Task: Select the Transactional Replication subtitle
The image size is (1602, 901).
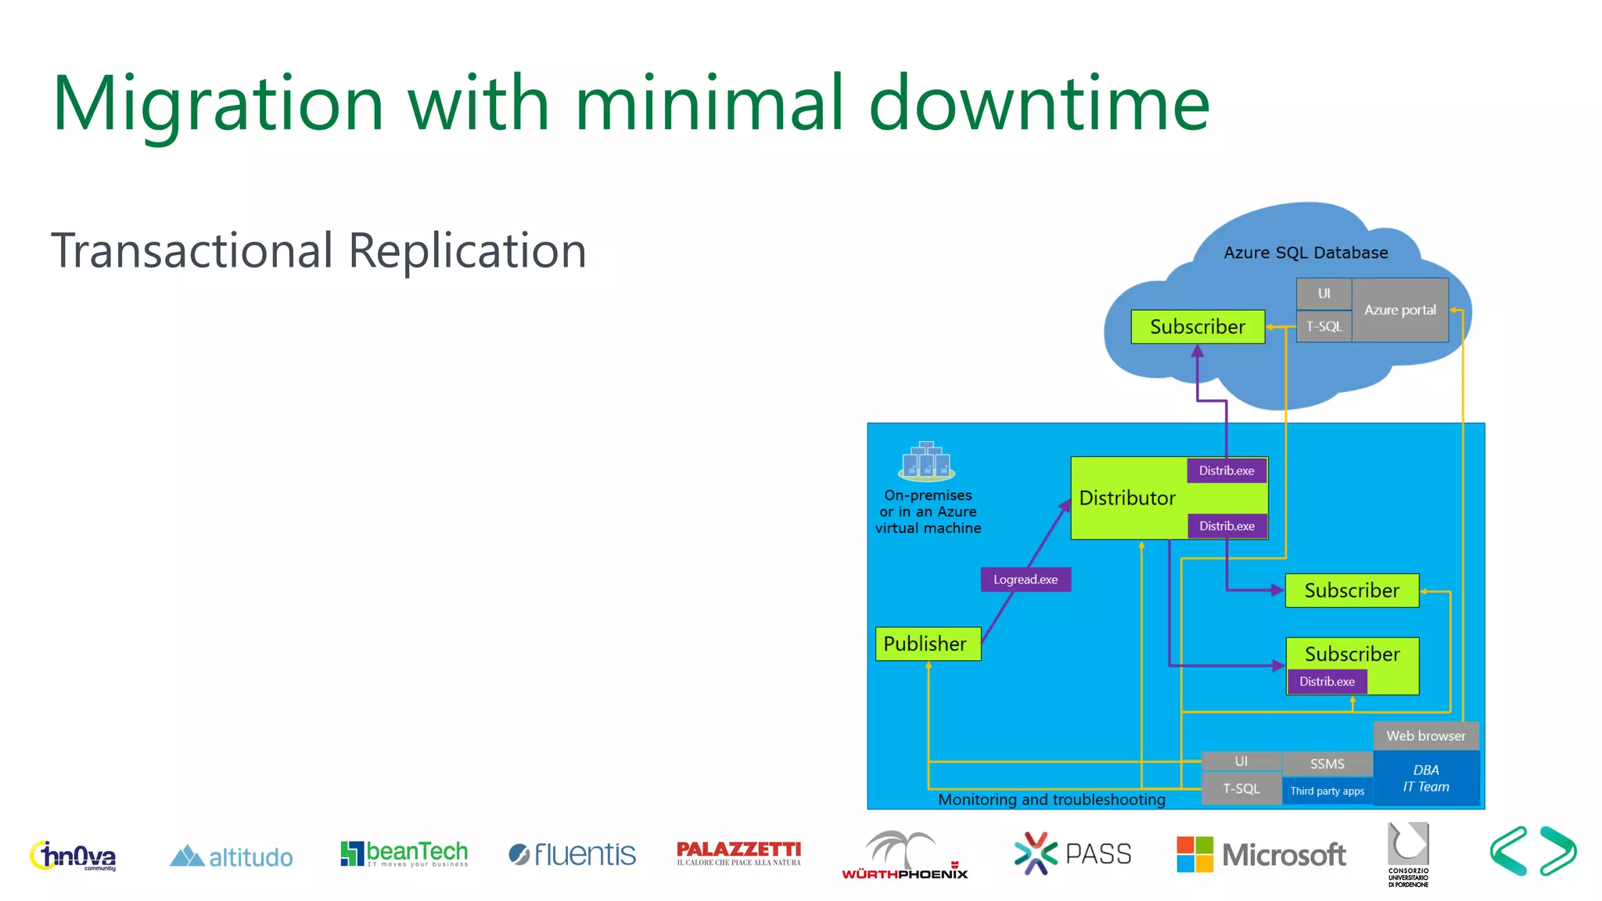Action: click(318, 250)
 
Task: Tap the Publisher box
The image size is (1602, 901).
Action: click(927, 644)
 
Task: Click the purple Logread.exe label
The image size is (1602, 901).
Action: click(1025, 580)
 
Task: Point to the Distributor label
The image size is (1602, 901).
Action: click(1127, 498)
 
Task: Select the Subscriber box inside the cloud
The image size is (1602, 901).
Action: click(1197, 327)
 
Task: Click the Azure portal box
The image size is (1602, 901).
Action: click(1400, 310)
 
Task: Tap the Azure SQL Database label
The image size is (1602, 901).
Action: click(1306, 253)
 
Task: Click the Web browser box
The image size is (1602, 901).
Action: click(1425, 736)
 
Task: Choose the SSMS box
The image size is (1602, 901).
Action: click(1327, 763)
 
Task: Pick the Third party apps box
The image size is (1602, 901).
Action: click(1327, 791)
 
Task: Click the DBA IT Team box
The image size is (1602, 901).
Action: click(1425, 778)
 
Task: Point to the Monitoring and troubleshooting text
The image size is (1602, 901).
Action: click(1051, 799)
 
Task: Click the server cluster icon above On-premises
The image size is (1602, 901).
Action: click(927, 461)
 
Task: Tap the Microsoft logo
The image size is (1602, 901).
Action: click(1261, 854)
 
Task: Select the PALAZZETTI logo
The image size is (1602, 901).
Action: click(738, 853)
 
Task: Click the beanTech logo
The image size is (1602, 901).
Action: click(404, 853)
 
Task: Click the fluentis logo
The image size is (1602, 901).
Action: click(572, 854)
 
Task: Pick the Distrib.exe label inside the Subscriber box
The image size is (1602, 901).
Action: click(1327, 681)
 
